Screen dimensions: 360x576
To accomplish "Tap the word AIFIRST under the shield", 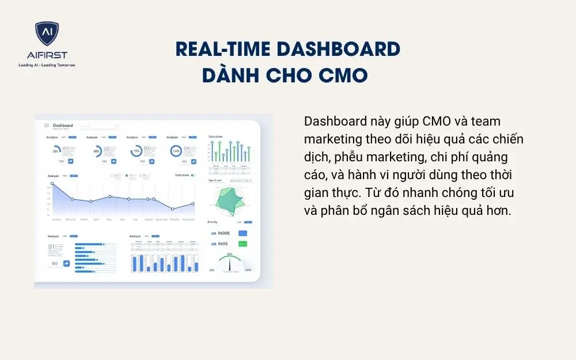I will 47,55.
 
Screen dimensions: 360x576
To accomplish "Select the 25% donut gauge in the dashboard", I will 56,151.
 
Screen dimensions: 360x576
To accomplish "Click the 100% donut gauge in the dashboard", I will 176,151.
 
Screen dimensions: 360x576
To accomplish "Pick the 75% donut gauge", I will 136,151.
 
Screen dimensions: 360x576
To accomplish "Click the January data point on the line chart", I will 52,184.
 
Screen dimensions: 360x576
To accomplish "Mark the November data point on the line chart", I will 192,204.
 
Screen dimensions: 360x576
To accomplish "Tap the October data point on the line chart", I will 172,209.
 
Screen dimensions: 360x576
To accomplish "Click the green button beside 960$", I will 242,244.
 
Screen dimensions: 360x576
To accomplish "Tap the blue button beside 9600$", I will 242,233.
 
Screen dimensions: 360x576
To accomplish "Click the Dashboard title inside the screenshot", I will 63,125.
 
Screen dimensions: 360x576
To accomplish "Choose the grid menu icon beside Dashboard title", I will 46,125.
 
